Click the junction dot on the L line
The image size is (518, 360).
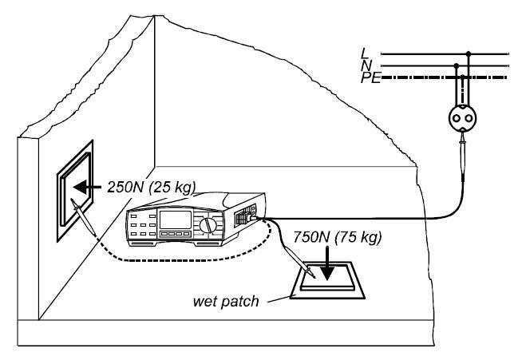[x=469, y=54]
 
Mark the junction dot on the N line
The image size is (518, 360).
[x=457, y=66]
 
